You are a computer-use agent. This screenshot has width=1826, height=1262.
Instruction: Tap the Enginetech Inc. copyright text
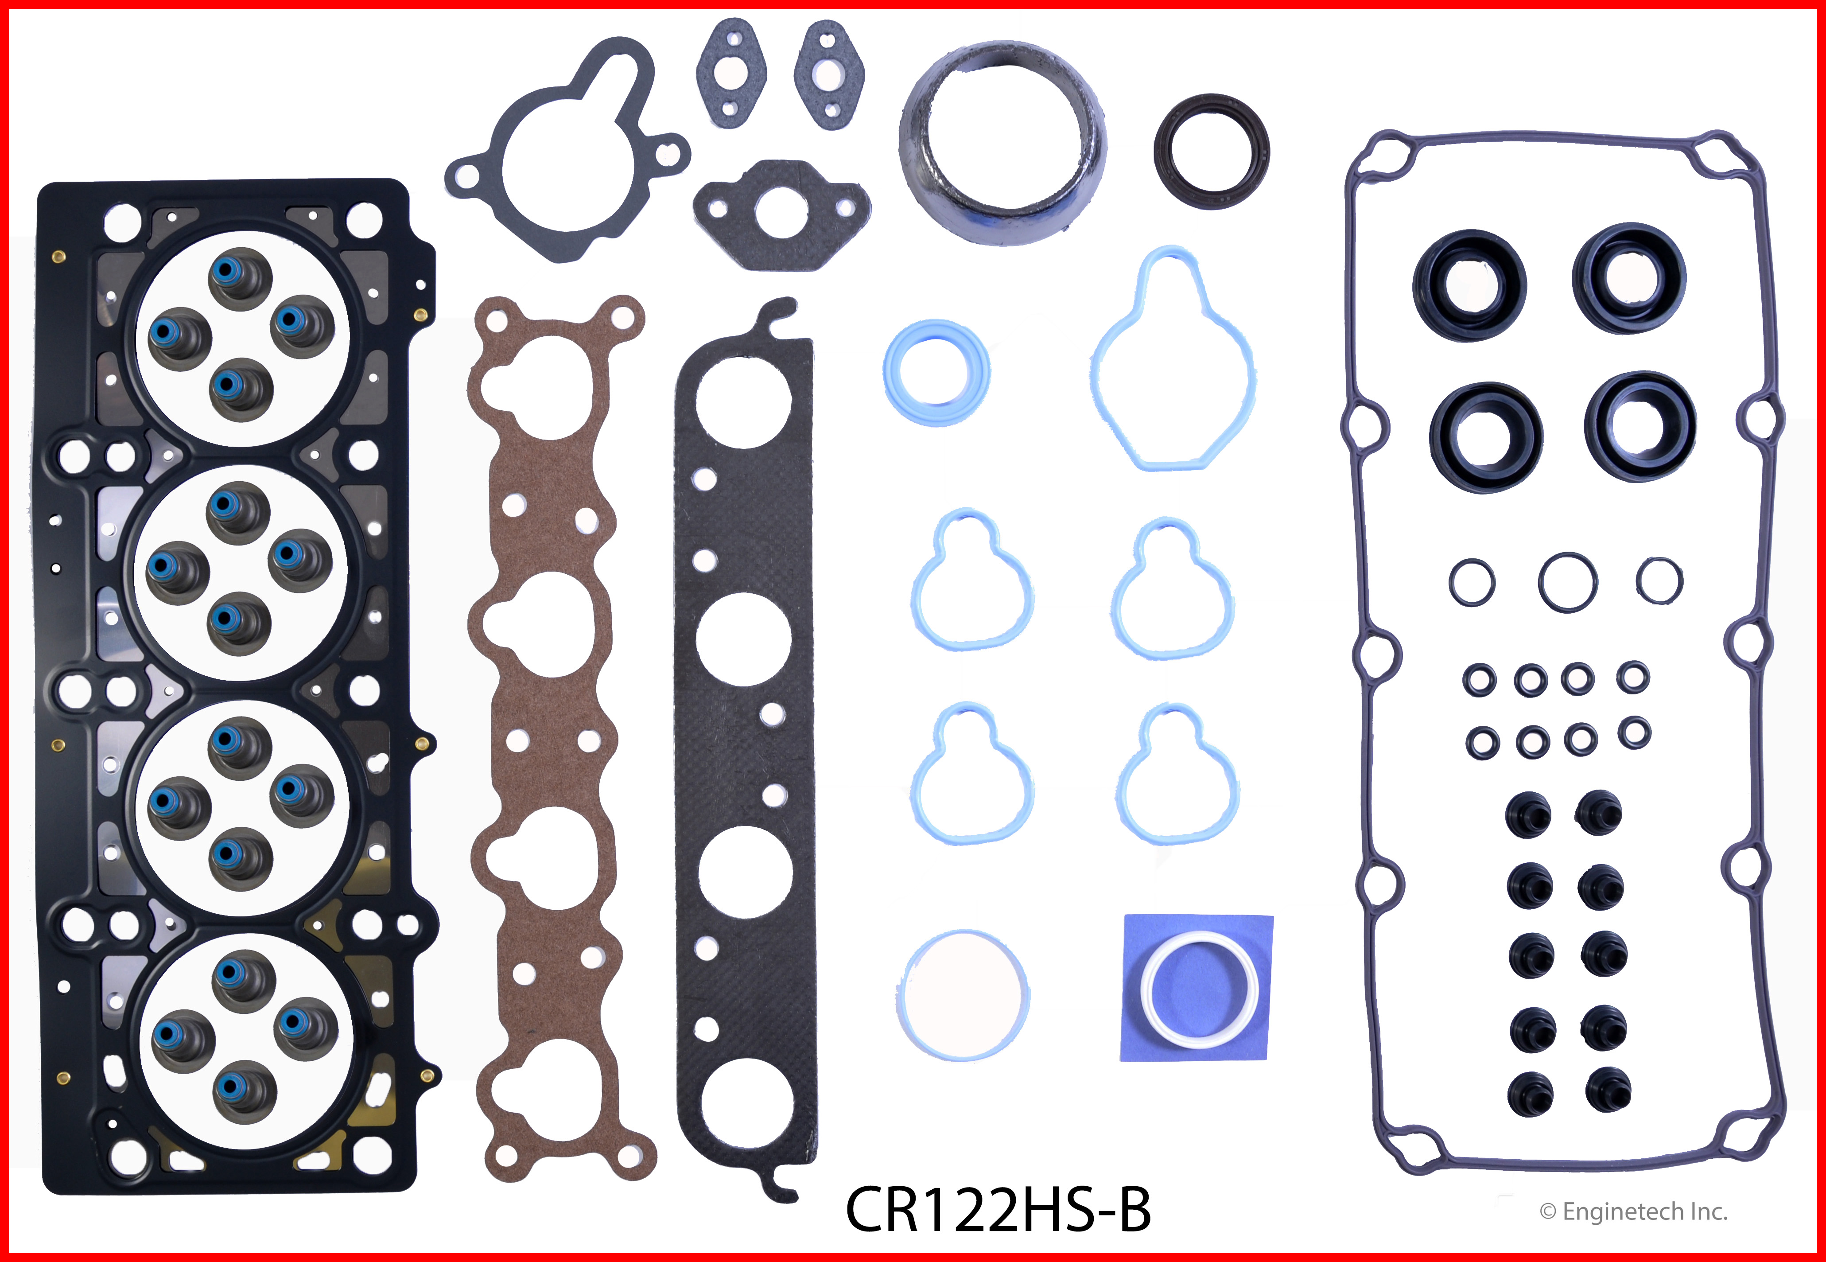[x=1633, y=1211]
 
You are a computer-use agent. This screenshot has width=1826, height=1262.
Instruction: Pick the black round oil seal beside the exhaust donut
[x=1211, y=151]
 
